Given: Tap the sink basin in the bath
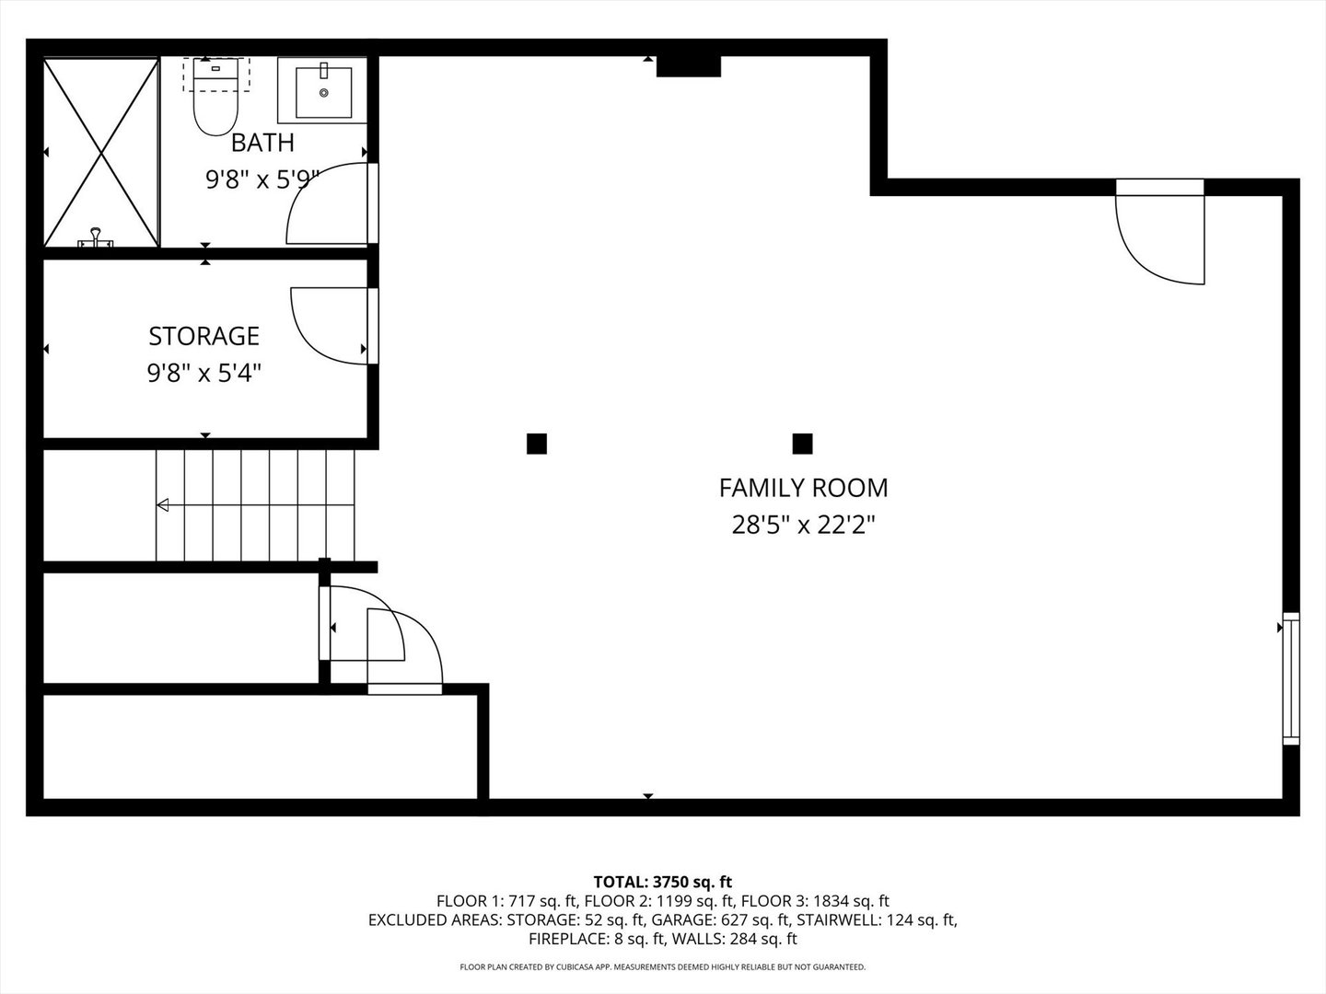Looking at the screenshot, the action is click(x=323, y=92).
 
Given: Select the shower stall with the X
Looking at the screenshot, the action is click(x=101, y=152).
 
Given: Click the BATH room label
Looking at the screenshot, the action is click(x=262, y=143).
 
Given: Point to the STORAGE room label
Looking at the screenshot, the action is click(x=204, y=336).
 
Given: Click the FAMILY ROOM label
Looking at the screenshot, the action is click(x=804, y=488).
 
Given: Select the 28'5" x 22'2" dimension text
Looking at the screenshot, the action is click(x=804, y=525).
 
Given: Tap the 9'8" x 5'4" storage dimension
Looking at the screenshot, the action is click(x=204, y=373).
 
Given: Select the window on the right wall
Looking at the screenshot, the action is click(x=1290, y=678).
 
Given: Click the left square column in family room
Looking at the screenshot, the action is click(x=537, y=444).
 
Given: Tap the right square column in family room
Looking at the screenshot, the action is click(x=802, y=444).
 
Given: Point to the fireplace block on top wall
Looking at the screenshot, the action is click(x=689, y=66).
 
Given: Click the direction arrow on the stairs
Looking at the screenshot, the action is click(x=255, y=504).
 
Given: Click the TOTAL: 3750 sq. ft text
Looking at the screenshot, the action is click(x=663, y=882).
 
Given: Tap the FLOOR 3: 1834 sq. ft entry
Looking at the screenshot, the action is click(x=815, y=901).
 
